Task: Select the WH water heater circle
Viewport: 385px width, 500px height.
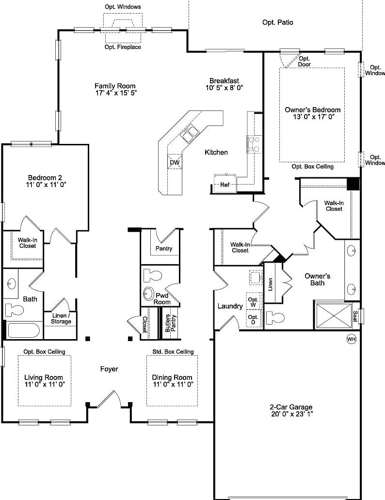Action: click(x=351, y=339)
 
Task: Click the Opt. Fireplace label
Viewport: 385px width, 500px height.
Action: click(x=123, y=47)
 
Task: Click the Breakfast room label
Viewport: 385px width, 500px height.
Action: click(x=224, y=80)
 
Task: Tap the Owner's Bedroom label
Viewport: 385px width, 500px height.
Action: click(x=312, y=109)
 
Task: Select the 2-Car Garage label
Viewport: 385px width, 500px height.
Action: click(x=291, y=407)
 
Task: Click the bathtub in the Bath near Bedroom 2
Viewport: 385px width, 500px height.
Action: click(x=24, y=331)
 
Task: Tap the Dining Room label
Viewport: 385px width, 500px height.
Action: click(x=172, y=377)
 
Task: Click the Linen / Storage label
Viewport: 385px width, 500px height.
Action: click(x=61, y=318)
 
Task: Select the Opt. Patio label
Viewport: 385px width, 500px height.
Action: click(x=277, y=22)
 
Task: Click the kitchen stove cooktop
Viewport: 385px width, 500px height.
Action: click(x=253, y=144)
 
